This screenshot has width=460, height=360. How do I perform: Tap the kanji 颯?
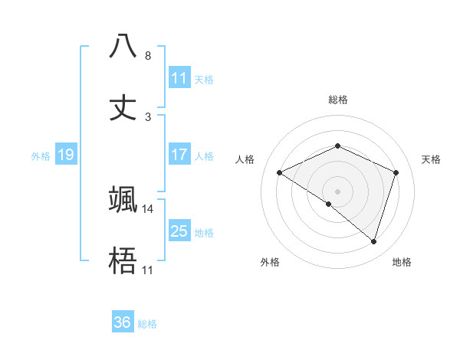(123, 199)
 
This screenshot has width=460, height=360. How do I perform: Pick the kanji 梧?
(123, 261)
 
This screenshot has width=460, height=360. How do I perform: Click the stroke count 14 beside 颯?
(148, 208)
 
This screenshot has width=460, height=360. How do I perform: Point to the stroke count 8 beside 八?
(148, 55)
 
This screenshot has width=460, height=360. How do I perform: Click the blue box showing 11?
(179, 78)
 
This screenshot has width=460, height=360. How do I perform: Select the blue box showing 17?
(179, 155)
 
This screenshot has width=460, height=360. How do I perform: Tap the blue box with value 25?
(179, 231)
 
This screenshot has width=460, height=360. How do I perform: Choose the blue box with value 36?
(123, 322)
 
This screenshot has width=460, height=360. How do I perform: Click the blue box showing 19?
(66, 155)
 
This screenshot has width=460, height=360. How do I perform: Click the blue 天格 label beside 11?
(204, 79)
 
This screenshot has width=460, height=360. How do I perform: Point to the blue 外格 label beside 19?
(41, 155)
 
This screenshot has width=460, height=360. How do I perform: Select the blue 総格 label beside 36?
(147, 323)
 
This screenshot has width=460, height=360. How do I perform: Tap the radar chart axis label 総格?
(337, 100)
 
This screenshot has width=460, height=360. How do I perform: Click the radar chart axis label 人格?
(245, 159)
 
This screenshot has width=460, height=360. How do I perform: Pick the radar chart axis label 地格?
(402, 262)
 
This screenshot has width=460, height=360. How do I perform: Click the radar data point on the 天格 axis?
(396, 172)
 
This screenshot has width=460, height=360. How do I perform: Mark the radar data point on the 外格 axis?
(329, 204)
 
